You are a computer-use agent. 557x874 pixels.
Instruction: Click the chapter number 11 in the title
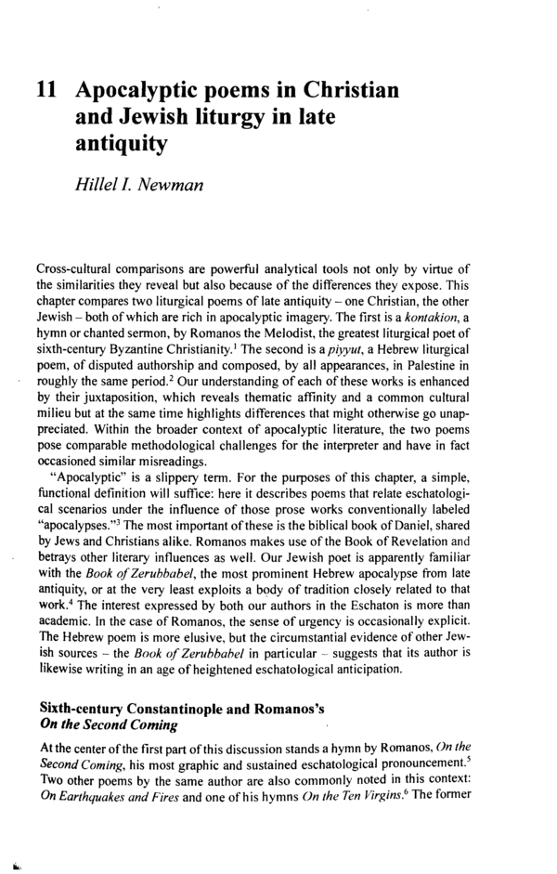pos(48,91)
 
